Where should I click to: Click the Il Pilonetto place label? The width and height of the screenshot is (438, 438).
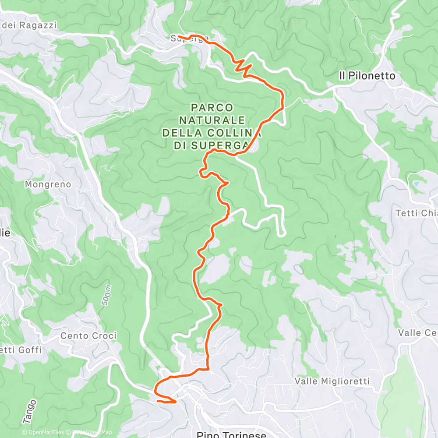(367, 76)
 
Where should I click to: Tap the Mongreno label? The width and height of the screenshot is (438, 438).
(48, 184)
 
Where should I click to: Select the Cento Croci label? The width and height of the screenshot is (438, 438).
(88, 336)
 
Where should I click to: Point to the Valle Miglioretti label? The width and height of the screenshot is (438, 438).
(332, 381)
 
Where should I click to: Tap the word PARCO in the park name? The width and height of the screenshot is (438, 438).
(212, 107)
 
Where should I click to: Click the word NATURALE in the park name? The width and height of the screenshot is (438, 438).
(212, 120)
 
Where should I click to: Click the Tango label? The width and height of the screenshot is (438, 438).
(29, 411)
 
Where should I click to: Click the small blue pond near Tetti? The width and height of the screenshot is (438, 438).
(416, 184)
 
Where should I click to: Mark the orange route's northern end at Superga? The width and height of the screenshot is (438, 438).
(179, 36)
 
